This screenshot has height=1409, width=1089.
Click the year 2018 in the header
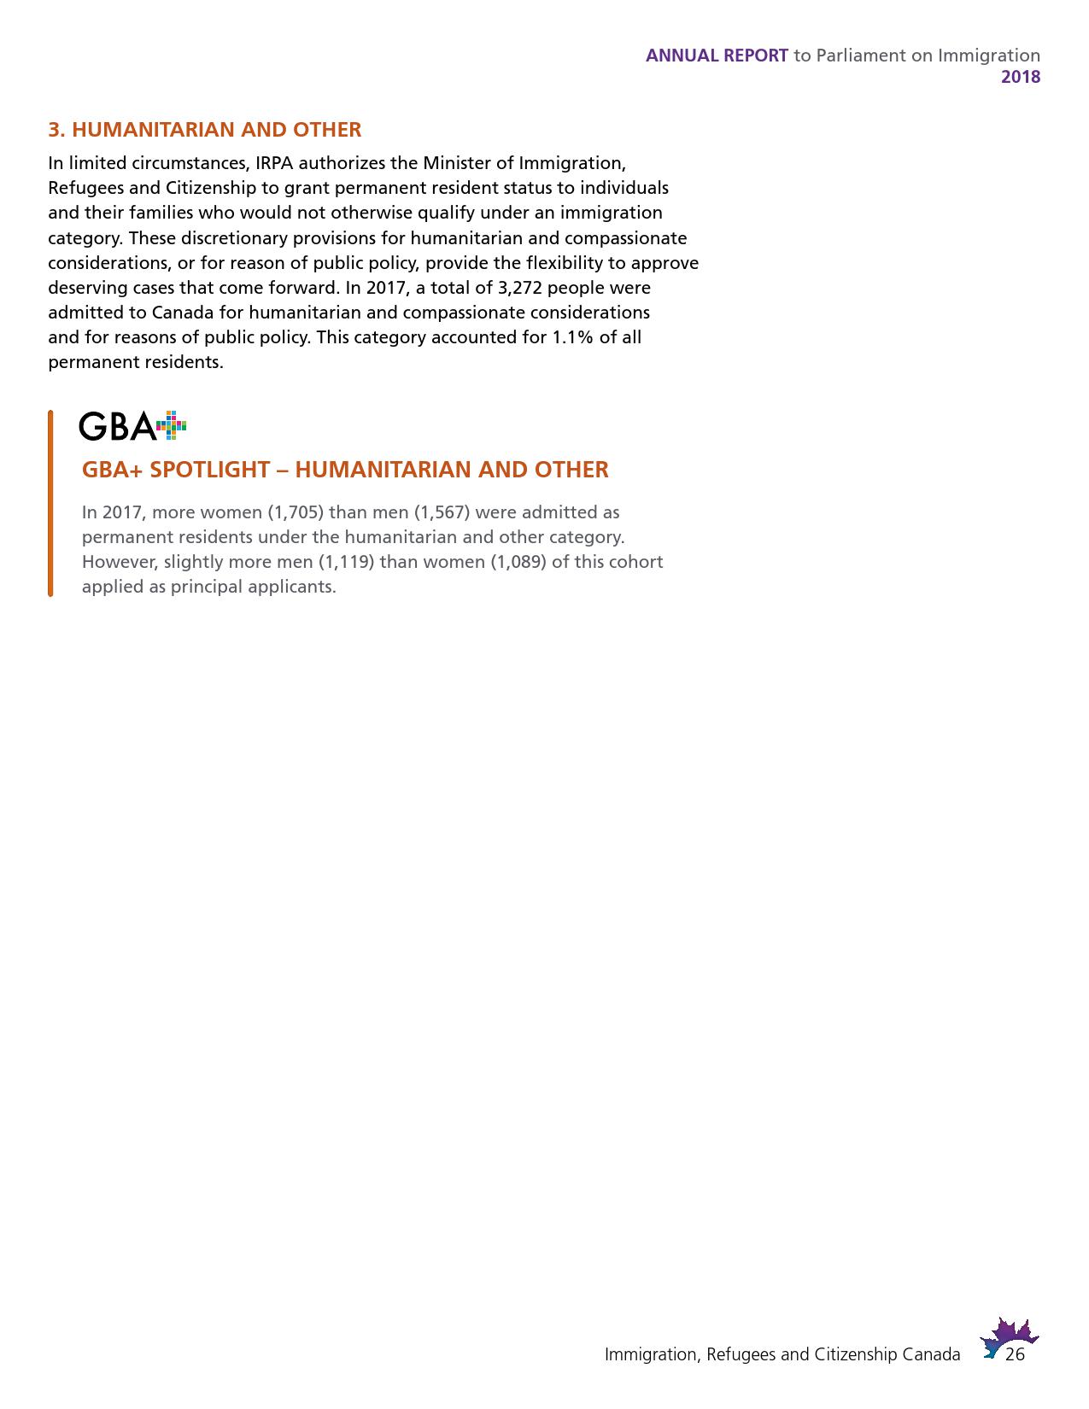click(x=1021, y=77)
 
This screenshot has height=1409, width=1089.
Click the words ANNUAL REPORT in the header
click(x=717, y=56)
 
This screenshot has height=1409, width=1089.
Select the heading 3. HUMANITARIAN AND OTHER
click(x=204, y=130)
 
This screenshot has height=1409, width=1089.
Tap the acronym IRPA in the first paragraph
click(x=274, y=163)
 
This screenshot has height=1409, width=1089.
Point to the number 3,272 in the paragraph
click(x=520, y=288)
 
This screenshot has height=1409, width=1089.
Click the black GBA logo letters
click(x=117, y=426)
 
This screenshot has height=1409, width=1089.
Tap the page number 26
click(x=1015, y=1355)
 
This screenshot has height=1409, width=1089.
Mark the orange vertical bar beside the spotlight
click(x=50, y=503)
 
